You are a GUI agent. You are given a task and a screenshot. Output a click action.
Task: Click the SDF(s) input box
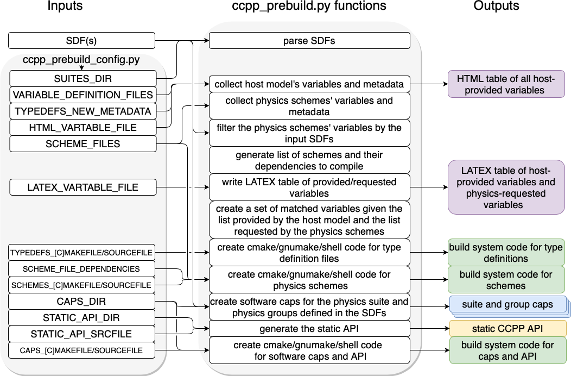coord(81,41)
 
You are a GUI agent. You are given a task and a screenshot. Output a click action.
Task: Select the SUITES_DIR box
coord(83,79)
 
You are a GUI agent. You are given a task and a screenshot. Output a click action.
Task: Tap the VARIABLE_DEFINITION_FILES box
coord(83,95)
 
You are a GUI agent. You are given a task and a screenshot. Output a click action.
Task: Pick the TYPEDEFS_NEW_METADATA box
coord(83,111)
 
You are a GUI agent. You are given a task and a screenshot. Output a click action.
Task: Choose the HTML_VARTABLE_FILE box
coord(83,128)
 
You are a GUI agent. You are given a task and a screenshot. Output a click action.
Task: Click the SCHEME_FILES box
coord(83,144)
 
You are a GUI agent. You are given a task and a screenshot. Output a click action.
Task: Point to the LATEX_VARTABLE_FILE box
coord(83,187)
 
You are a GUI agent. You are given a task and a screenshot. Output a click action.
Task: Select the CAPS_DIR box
coord(81,302)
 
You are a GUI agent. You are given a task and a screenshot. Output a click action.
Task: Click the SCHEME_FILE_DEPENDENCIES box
coord(81,269)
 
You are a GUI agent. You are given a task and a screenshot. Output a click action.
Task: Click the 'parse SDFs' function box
coord(309,41)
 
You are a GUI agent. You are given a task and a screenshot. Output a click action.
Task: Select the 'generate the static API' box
coord(309,328)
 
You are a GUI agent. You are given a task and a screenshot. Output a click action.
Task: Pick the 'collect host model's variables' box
coord(309,84)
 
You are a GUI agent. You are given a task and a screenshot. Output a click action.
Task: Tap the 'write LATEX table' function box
coord(309,187)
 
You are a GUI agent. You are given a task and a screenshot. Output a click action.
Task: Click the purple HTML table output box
coord(506,84)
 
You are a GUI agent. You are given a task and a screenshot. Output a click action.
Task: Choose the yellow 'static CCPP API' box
coord(507,328)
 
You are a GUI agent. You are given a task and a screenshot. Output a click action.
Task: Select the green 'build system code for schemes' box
coord(506,280)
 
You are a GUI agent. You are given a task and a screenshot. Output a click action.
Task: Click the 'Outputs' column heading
coord(496,7)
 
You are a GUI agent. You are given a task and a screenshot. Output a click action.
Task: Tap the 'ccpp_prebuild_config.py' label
coord(81,59)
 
